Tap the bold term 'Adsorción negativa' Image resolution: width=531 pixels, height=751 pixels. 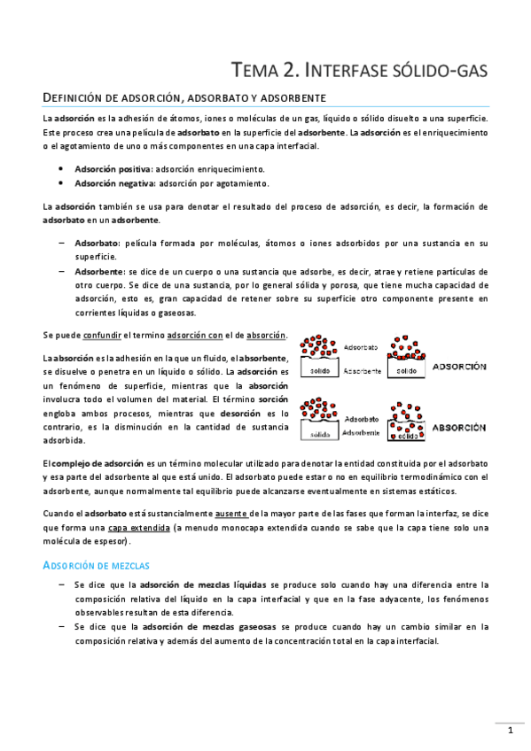pyautogui.click(x=113, y=183)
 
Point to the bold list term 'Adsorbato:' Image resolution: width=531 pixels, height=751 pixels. pyautogui.click(x=98, y=242)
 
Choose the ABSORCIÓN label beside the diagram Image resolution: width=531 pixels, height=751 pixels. pyautogui.click(x=457, y=427)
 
